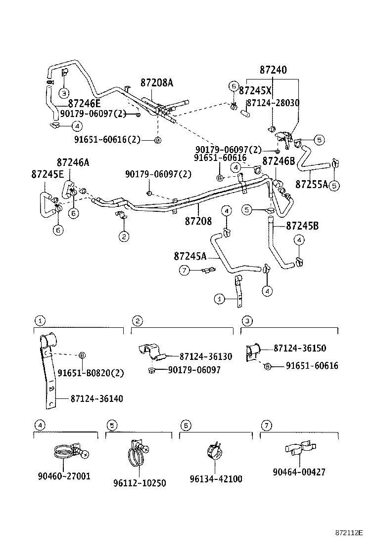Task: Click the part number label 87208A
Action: pos(156,83)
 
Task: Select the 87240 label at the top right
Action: pos(273,70)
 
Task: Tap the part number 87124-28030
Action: pos(273,103)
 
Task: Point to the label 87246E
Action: pos(84,103)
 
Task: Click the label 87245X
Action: pos(255,91)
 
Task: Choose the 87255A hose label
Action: pos(312,184)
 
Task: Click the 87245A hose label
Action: pos(190,256)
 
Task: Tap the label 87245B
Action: pos(302,226)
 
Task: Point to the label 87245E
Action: pos(47,174)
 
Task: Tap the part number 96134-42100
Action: pos(216,479)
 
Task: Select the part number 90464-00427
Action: pos(299,472)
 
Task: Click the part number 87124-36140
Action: pos(96,398)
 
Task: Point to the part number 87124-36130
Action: pos(205,356)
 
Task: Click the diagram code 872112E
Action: pos(349,533)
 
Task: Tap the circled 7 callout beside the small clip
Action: pos(184,270)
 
